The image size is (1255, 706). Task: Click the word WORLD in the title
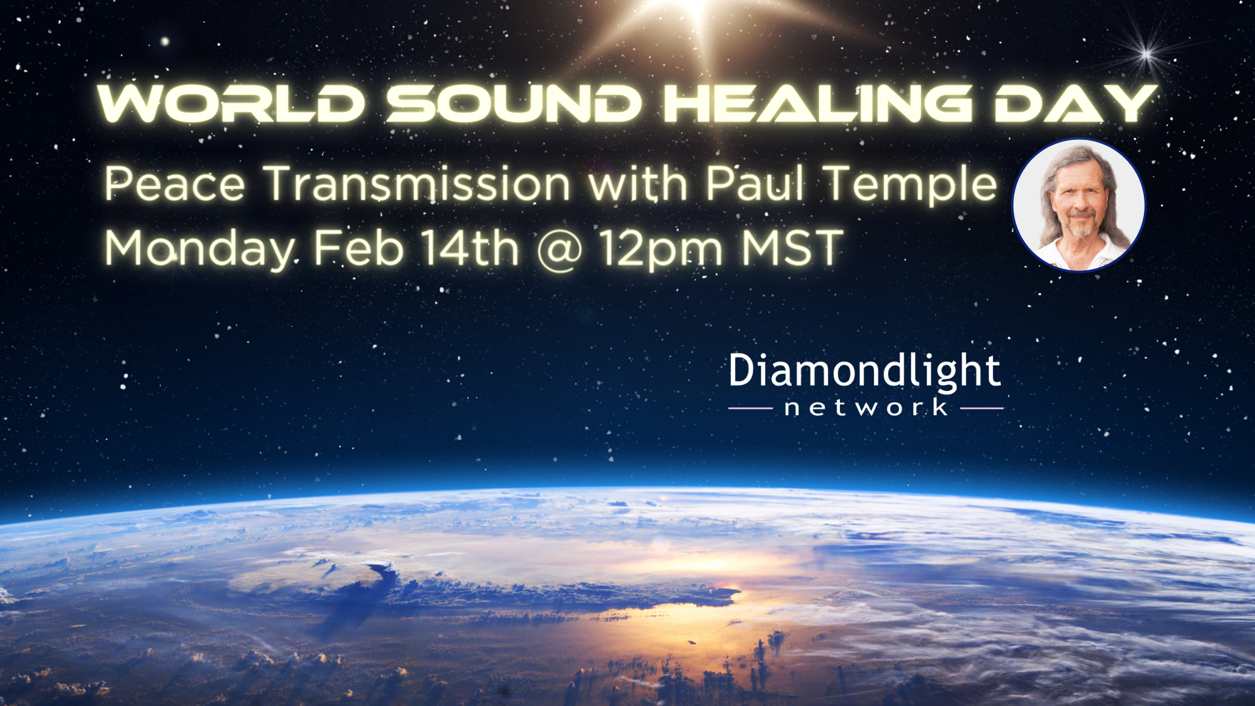pyautogui.click(x=231, y=103)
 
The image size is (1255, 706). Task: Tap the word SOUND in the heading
pyautogui.click(x=514, y=103)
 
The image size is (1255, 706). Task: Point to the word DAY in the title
pyautogui.click(x=1075, y=103)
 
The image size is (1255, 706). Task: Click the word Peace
pyautogui.click(x=175, y=184)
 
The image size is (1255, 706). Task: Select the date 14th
pyautogui.click(x=469, y=248)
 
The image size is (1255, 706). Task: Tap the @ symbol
pyautogui.click(x=560, y=250)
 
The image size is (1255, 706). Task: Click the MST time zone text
pyautogui.click(x=792, y=248)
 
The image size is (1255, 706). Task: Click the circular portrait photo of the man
pyautogui.click(x=1079, y=205)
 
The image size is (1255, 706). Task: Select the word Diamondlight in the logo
pyautogui.click(x=865, y=372)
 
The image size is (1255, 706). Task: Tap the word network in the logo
pyautogui.click(x=866, y=408)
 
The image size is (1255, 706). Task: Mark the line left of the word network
pyautogui.click(x=751, y=409)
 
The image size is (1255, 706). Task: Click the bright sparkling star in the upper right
pyautogui.click(x=1146, y=53)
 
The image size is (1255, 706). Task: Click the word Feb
pyautogui.click(x=358, y=248)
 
